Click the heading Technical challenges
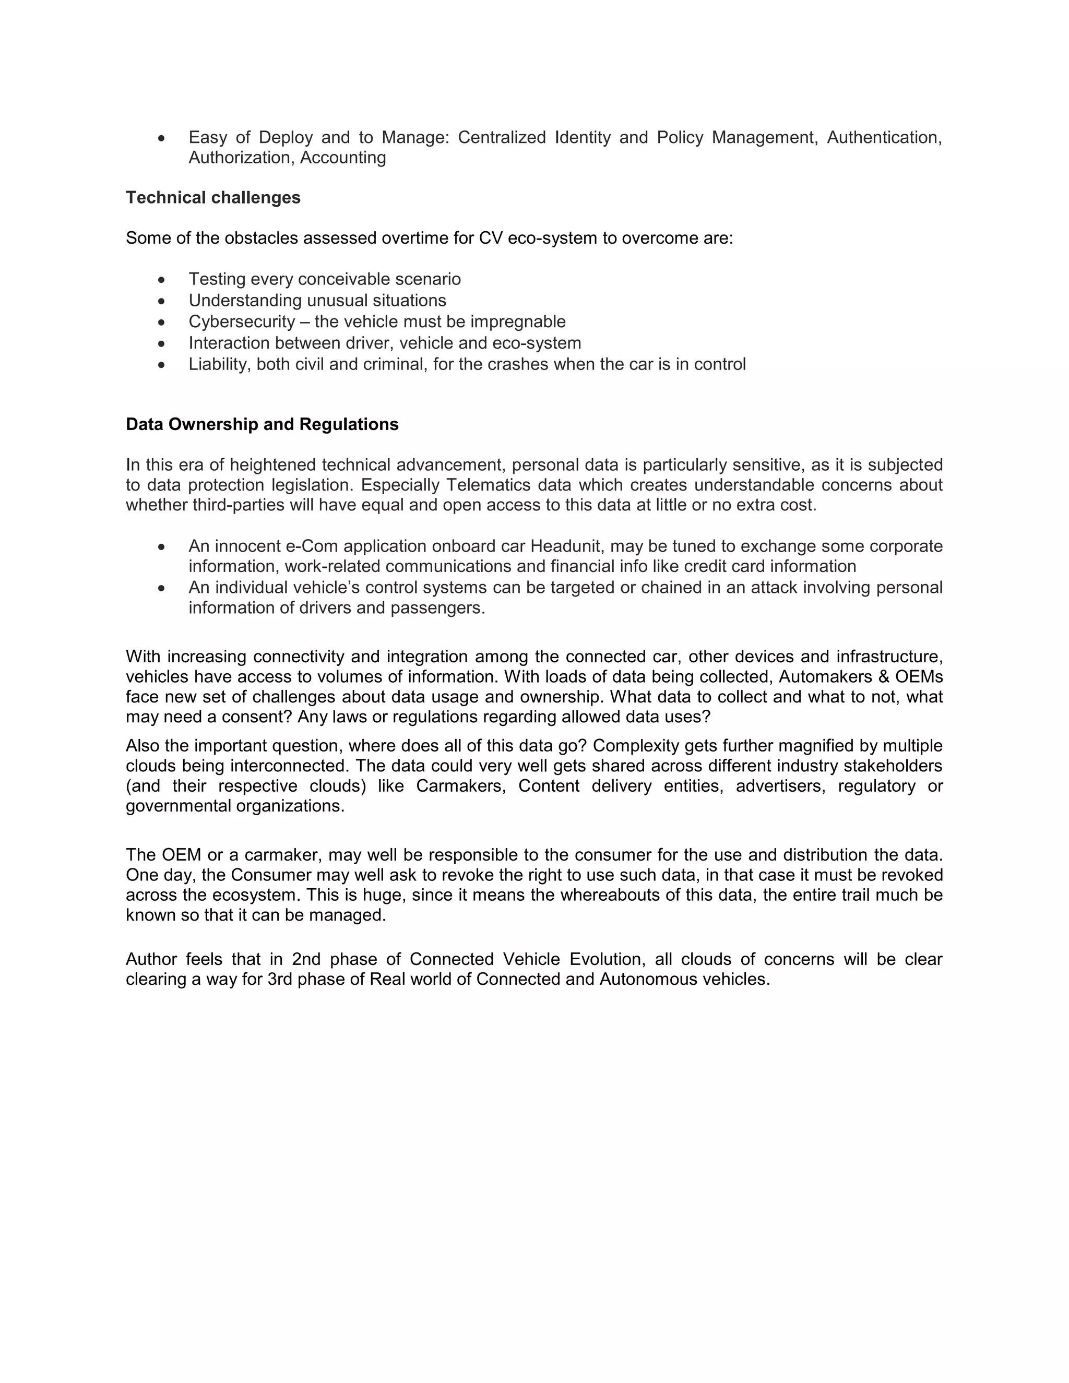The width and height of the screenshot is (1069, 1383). coord(213,198)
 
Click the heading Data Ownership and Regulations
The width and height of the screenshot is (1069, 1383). coord(262,424)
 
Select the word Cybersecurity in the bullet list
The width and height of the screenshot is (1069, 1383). coord(242,321)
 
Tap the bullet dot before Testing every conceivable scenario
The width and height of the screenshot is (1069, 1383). coord(162,279)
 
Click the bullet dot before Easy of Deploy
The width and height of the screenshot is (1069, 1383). coord(162,137)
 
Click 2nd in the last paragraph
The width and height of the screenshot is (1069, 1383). coord(306,959)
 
